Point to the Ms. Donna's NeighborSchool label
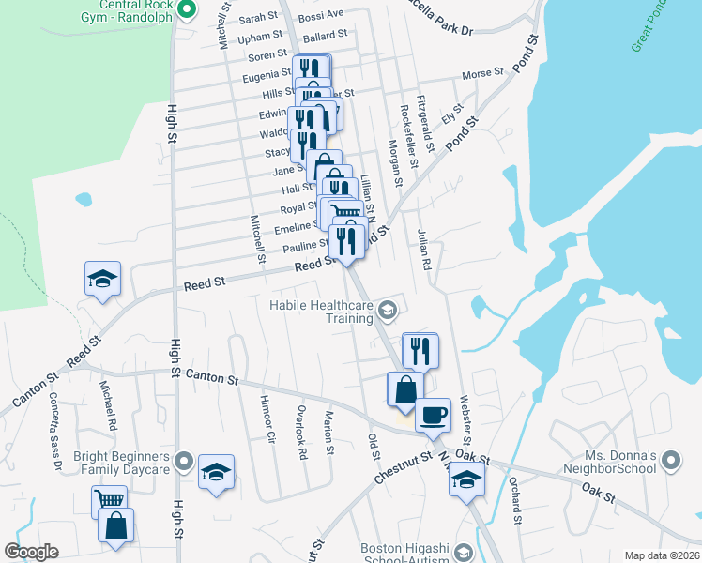(x=611, y=461)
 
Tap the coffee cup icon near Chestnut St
(x=433, y=414)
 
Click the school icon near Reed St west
(x=102, y=279)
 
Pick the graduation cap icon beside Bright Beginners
(x=216, y=472)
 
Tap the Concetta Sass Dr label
(x=55, y=439)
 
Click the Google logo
(x=31, y=551)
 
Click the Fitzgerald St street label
(x=427, y=123)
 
